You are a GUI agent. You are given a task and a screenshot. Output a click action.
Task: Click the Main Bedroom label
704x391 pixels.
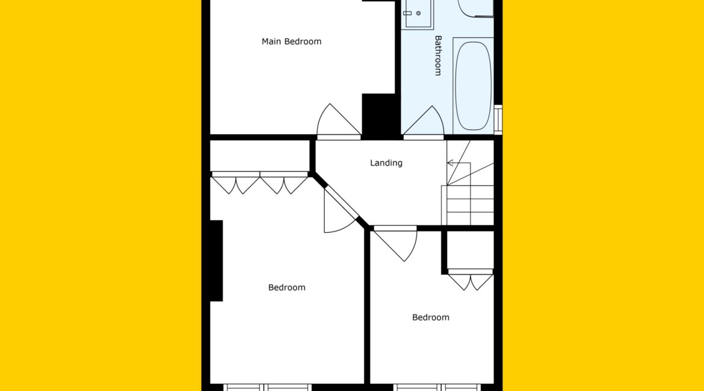pos(291,42)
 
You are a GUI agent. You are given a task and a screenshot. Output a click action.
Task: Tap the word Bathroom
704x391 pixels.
pos(438,56)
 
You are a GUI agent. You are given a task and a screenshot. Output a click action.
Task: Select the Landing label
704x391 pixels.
pos(386,163)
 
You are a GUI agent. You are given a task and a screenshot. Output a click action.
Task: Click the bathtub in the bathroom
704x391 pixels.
pos(473,86)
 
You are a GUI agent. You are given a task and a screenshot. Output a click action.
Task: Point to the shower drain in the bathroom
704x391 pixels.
pos(418,13)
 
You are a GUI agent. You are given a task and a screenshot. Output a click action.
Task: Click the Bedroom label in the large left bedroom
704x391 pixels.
pos(287,288)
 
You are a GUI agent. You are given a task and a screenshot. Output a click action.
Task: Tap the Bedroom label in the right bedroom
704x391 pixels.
pos(431,318)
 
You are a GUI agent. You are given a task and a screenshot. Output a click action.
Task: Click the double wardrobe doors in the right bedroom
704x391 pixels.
pos(471,280)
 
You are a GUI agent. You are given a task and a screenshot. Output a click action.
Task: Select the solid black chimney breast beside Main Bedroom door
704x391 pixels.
pos(378,115)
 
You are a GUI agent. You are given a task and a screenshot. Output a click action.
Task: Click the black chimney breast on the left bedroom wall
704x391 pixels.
pos(217,261)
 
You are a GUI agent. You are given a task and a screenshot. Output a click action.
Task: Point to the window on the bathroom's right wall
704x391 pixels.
pos(498,120)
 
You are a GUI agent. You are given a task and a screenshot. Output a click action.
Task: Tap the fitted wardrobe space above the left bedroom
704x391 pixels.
pos(259,156)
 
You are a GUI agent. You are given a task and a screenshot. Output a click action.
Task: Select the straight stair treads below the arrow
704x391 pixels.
pos(468,205)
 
